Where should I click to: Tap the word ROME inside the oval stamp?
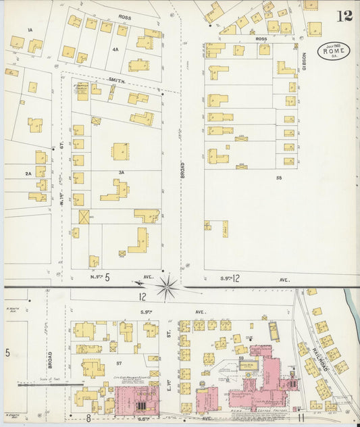(x=335, y=51)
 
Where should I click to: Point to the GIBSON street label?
(x=304, y=62)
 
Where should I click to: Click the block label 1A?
(x=30, y=30)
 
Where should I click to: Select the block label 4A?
(x=115, y=49)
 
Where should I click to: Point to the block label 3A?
(x=122, y=172)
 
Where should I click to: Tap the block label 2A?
(x=28, y=174)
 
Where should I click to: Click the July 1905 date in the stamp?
(x=335, y=44)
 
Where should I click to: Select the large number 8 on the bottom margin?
(x=88, y=418)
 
